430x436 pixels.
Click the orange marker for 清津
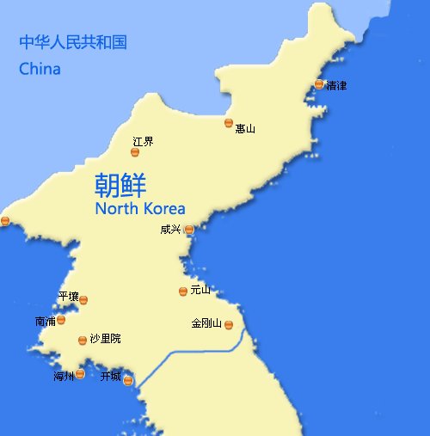click(x=319, y=84)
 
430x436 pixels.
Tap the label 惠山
click(x=245, y=129)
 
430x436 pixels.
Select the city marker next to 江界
click(x=135, y=152)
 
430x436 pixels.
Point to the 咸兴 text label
click(x=170, y=230)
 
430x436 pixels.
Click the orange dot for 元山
click(x=182, y=292)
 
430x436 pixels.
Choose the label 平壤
click(x=68, y=296)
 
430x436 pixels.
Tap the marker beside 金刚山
click(x=229, y=324)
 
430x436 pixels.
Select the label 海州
click(x=64, y=376)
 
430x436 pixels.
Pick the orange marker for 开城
click(x=128, y=380)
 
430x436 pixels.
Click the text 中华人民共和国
click(x=73, y=41)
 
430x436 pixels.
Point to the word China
click(x=40, y=69)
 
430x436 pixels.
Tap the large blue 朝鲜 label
click(x=120, y=185)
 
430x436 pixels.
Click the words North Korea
click(x=139, y=208)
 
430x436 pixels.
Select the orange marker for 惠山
click(x=229, y=123)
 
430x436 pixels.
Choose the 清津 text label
click(x=336, y=85)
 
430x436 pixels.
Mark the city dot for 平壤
click(x=83, y=300)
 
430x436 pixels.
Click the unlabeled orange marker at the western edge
click(x=5, y=221)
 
